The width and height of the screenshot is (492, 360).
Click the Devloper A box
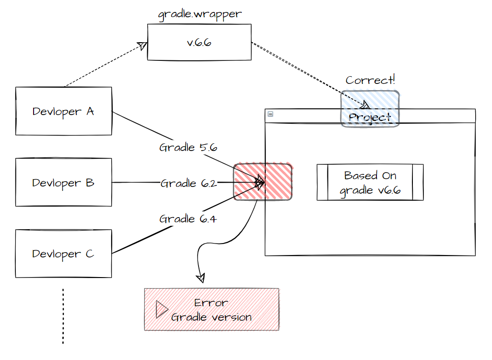pyautogui.click(x=63, y=111)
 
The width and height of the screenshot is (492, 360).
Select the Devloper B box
pyautogui.click(x=63, y=183)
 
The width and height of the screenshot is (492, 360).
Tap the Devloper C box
pyautogui.click(x=63, y=254)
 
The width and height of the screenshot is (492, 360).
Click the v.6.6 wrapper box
pyautogui.click(x=199, y=43)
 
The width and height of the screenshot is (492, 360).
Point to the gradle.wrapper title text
pyautogui.click(x=200, y=14)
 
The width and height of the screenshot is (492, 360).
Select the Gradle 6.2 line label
pyautogui.click(x=189, y=183)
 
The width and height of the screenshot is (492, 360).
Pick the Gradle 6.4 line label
pyautogui.click(x=188, y=219)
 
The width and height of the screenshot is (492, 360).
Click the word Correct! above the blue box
pyautogui.click(x=370, y=80)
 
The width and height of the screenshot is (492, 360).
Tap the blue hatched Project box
pyautogui.click(x=370, y=109)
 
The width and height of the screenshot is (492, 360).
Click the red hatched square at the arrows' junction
pyautogui.click(x=262, y=182)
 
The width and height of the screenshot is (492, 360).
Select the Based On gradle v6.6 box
pyautogui.click(x=370, y=182)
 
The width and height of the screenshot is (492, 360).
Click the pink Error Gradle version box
pyautogui.click(x=211, y=310)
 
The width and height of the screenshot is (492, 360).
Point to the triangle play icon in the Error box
pyautogui.click(x=161, y=310)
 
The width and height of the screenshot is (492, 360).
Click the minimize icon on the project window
pyautogui.click(x=270, y=114)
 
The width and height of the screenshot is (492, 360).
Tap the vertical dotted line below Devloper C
pyautogui.click(x=63, y=316)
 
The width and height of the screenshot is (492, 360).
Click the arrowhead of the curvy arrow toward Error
pyautogui.click(x=200, y=278)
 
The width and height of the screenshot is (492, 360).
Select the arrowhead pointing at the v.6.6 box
pyautogui.click(x=142, y=45)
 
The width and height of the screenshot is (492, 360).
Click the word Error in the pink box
pyautogui.click(x=211, y=303)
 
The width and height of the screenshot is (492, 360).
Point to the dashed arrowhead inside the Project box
pyautogui.click(x=365, y=104)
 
